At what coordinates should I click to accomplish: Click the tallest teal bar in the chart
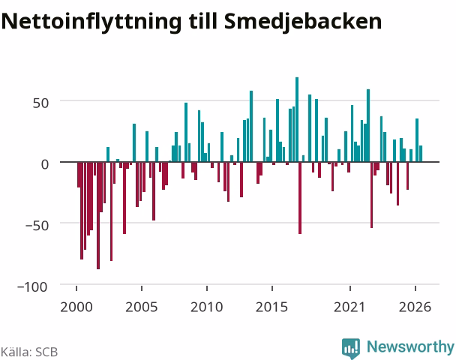(297, 119)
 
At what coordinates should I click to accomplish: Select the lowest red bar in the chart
(98, 215)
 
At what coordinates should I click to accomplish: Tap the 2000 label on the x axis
(76, 307)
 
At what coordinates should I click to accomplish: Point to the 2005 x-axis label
(142, 307)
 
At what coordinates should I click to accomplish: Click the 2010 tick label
(207, 307)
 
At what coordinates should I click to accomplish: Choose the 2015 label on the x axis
(272, 307)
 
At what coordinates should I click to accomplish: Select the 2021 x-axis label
(349, 307)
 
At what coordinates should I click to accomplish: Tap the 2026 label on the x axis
(415, 307)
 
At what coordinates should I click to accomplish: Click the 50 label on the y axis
(40, 103)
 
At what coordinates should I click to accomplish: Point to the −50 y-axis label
(37, 225)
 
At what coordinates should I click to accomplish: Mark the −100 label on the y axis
(32, 286)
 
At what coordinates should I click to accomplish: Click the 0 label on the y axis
(45, 164)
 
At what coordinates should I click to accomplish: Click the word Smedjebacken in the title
(303, 22)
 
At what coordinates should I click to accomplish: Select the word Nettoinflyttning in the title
(91, 22)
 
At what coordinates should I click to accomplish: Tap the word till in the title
(203, 21)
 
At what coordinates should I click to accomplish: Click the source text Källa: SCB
(29, 352)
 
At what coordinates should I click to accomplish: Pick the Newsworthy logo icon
(351, 348)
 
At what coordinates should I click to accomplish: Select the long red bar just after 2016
(300, 198)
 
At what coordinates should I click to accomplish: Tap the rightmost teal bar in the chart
(421, 154)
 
